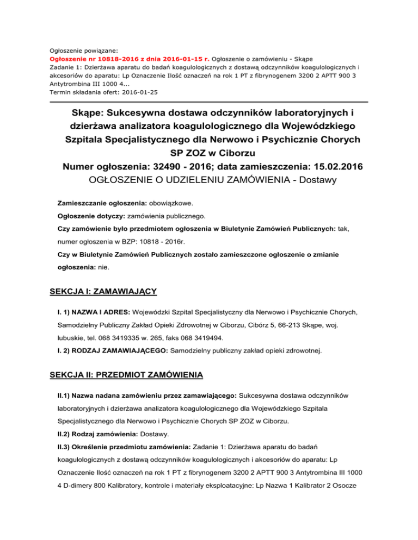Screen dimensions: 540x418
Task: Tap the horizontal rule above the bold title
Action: pyautogui.click(x=209, y=102)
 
